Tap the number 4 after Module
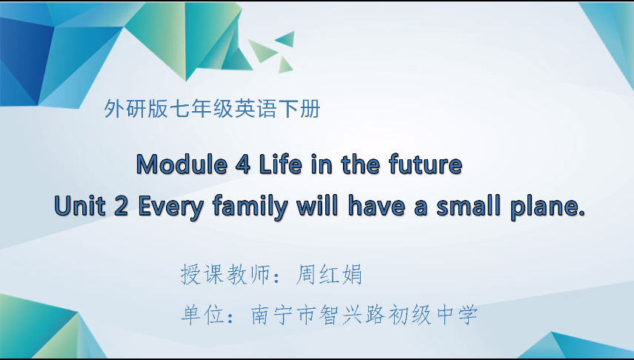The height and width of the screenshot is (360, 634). (x=245, y=164)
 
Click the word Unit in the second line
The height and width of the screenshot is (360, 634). (x=80, y=206)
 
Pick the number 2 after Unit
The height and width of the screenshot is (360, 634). (x=122, y=206)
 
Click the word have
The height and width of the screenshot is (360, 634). (x=373, y=206)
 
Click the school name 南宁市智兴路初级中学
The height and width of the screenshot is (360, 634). (x=364, y=315)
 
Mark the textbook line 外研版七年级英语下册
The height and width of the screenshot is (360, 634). (x=213, y=110)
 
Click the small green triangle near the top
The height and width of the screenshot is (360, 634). (x=286, y=39)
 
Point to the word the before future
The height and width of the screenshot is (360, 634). (x=361, y=164)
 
